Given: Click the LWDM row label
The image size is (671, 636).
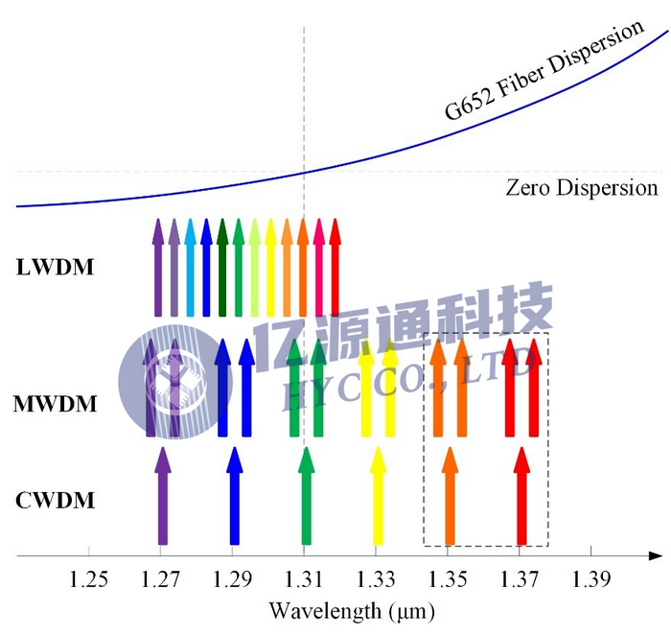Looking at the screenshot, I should [x=56, y=268].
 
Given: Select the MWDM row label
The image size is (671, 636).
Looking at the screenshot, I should [x=56, y=404].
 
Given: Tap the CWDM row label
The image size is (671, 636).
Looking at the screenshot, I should [x=56, y=500].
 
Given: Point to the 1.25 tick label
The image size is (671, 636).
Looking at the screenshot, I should [x=89, y=580].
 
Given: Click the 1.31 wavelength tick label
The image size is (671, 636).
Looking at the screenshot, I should [x=304, y=580].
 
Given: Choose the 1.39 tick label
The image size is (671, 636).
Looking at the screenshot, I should [x=590, y=580].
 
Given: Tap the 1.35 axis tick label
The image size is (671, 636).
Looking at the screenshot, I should [x=448, y=580].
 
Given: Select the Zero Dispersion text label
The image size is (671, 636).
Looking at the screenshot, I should [x=581, y=187].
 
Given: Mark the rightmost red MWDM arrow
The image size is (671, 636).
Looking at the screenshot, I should [x=534, y=389].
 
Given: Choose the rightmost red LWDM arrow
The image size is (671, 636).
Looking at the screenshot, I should [x=335, y=269].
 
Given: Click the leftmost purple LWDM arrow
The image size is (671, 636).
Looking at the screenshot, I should [x=158, y=269].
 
